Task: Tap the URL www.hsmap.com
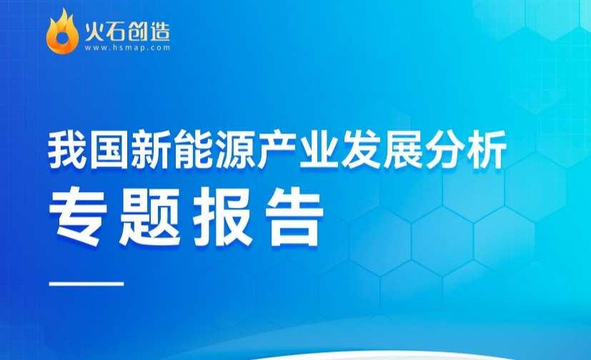click(x=127, y=48)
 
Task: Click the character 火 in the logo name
click(x=94, y=31)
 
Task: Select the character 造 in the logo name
click(x=159, y=31)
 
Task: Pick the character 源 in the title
click(x=235, y=149)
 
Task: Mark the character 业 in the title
click(x=319, y=149)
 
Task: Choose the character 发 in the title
click(x=361, y=149)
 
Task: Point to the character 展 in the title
click(x=403, y=149)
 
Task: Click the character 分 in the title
click(x=445, y=149)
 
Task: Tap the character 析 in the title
click(x=487, y=149)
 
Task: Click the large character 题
click(x=149, y=216)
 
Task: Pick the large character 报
click(x=222, y=216)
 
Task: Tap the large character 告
click(x=294, y=216)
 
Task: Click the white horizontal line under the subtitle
click(x=86, y=283)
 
